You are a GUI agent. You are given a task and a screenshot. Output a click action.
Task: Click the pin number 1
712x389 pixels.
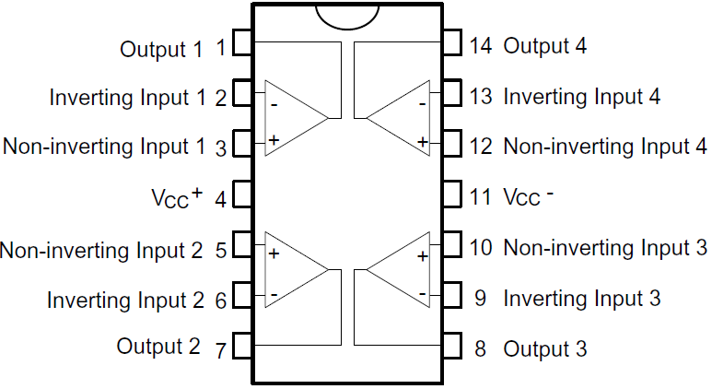click(x=220, y=46)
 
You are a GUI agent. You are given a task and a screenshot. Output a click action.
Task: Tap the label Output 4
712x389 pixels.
click(x=544, y=45)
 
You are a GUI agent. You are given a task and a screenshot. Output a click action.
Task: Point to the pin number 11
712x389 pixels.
click(x=480, y=196)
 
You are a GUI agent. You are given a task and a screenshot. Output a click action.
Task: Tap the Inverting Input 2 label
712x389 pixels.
click(x=125, y=300)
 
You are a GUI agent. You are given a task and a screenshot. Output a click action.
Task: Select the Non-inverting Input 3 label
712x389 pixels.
click(x=605, y=247)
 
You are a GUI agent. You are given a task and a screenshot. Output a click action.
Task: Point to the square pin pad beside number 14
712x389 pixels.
click(x=451, y=43)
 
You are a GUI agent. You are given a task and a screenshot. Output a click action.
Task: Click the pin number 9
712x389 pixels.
click(x=480, y=299)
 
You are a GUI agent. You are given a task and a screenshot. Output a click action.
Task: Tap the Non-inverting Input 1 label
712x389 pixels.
click(x=103, y=146)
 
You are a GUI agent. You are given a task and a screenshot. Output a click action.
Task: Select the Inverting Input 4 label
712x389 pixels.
click(x=581, y=95)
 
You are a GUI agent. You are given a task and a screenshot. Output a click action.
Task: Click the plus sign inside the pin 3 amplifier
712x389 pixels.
click(x=274, y=141)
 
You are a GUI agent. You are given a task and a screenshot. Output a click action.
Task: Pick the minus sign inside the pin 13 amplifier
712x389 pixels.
click(x=422, y=104)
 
